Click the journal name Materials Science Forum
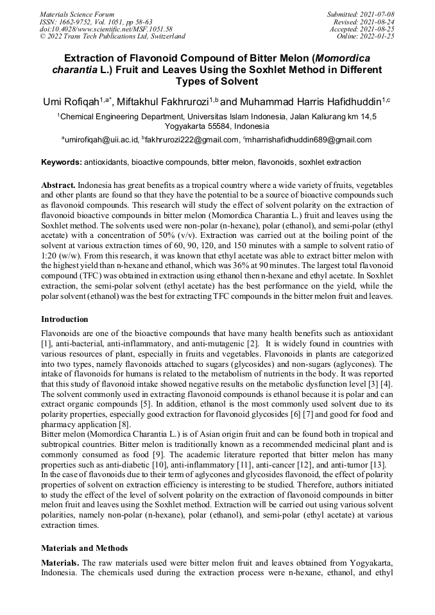coord(77,14)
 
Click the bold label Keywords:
coord(62,163)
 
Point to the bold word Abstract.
coord(59,184)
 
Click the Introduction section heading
coord(65,319)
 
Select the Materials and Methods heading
coord(85,548)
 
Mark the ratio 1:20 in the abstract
coord(49,253)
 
